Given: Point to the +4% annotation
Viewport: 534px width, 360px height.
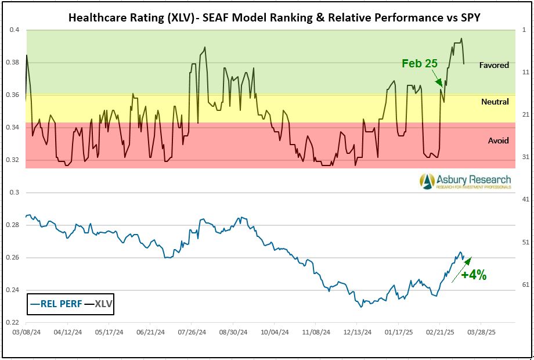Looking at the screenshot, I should pos(474,275).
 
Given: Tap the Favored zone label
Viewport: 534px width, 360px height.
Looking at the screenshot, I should pos(494,65).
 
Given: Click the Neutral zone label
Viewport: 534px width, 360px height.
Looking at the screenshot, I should pos(495,102).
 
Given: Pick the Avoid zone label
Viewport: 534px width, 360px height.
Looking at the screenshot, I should pos(498,141).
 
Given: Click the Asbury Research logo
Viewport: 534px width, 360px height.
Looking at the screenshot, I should pos(466,181).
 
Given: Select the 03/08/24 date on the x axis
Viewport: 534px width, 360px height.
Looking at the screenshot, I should pos(26,333).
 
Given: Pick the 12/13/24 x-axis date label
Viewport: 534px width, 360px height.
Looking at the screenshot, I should pos(357,333).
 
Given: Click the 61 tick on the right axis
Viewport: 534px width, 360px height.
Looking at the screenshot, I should pos(524,285).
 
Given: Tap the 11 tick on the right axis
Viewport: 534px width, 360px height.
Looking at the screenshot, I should pos(524,72).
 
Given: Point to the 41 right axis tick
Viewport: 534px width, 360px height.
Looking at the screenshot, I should pos(524,199).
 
